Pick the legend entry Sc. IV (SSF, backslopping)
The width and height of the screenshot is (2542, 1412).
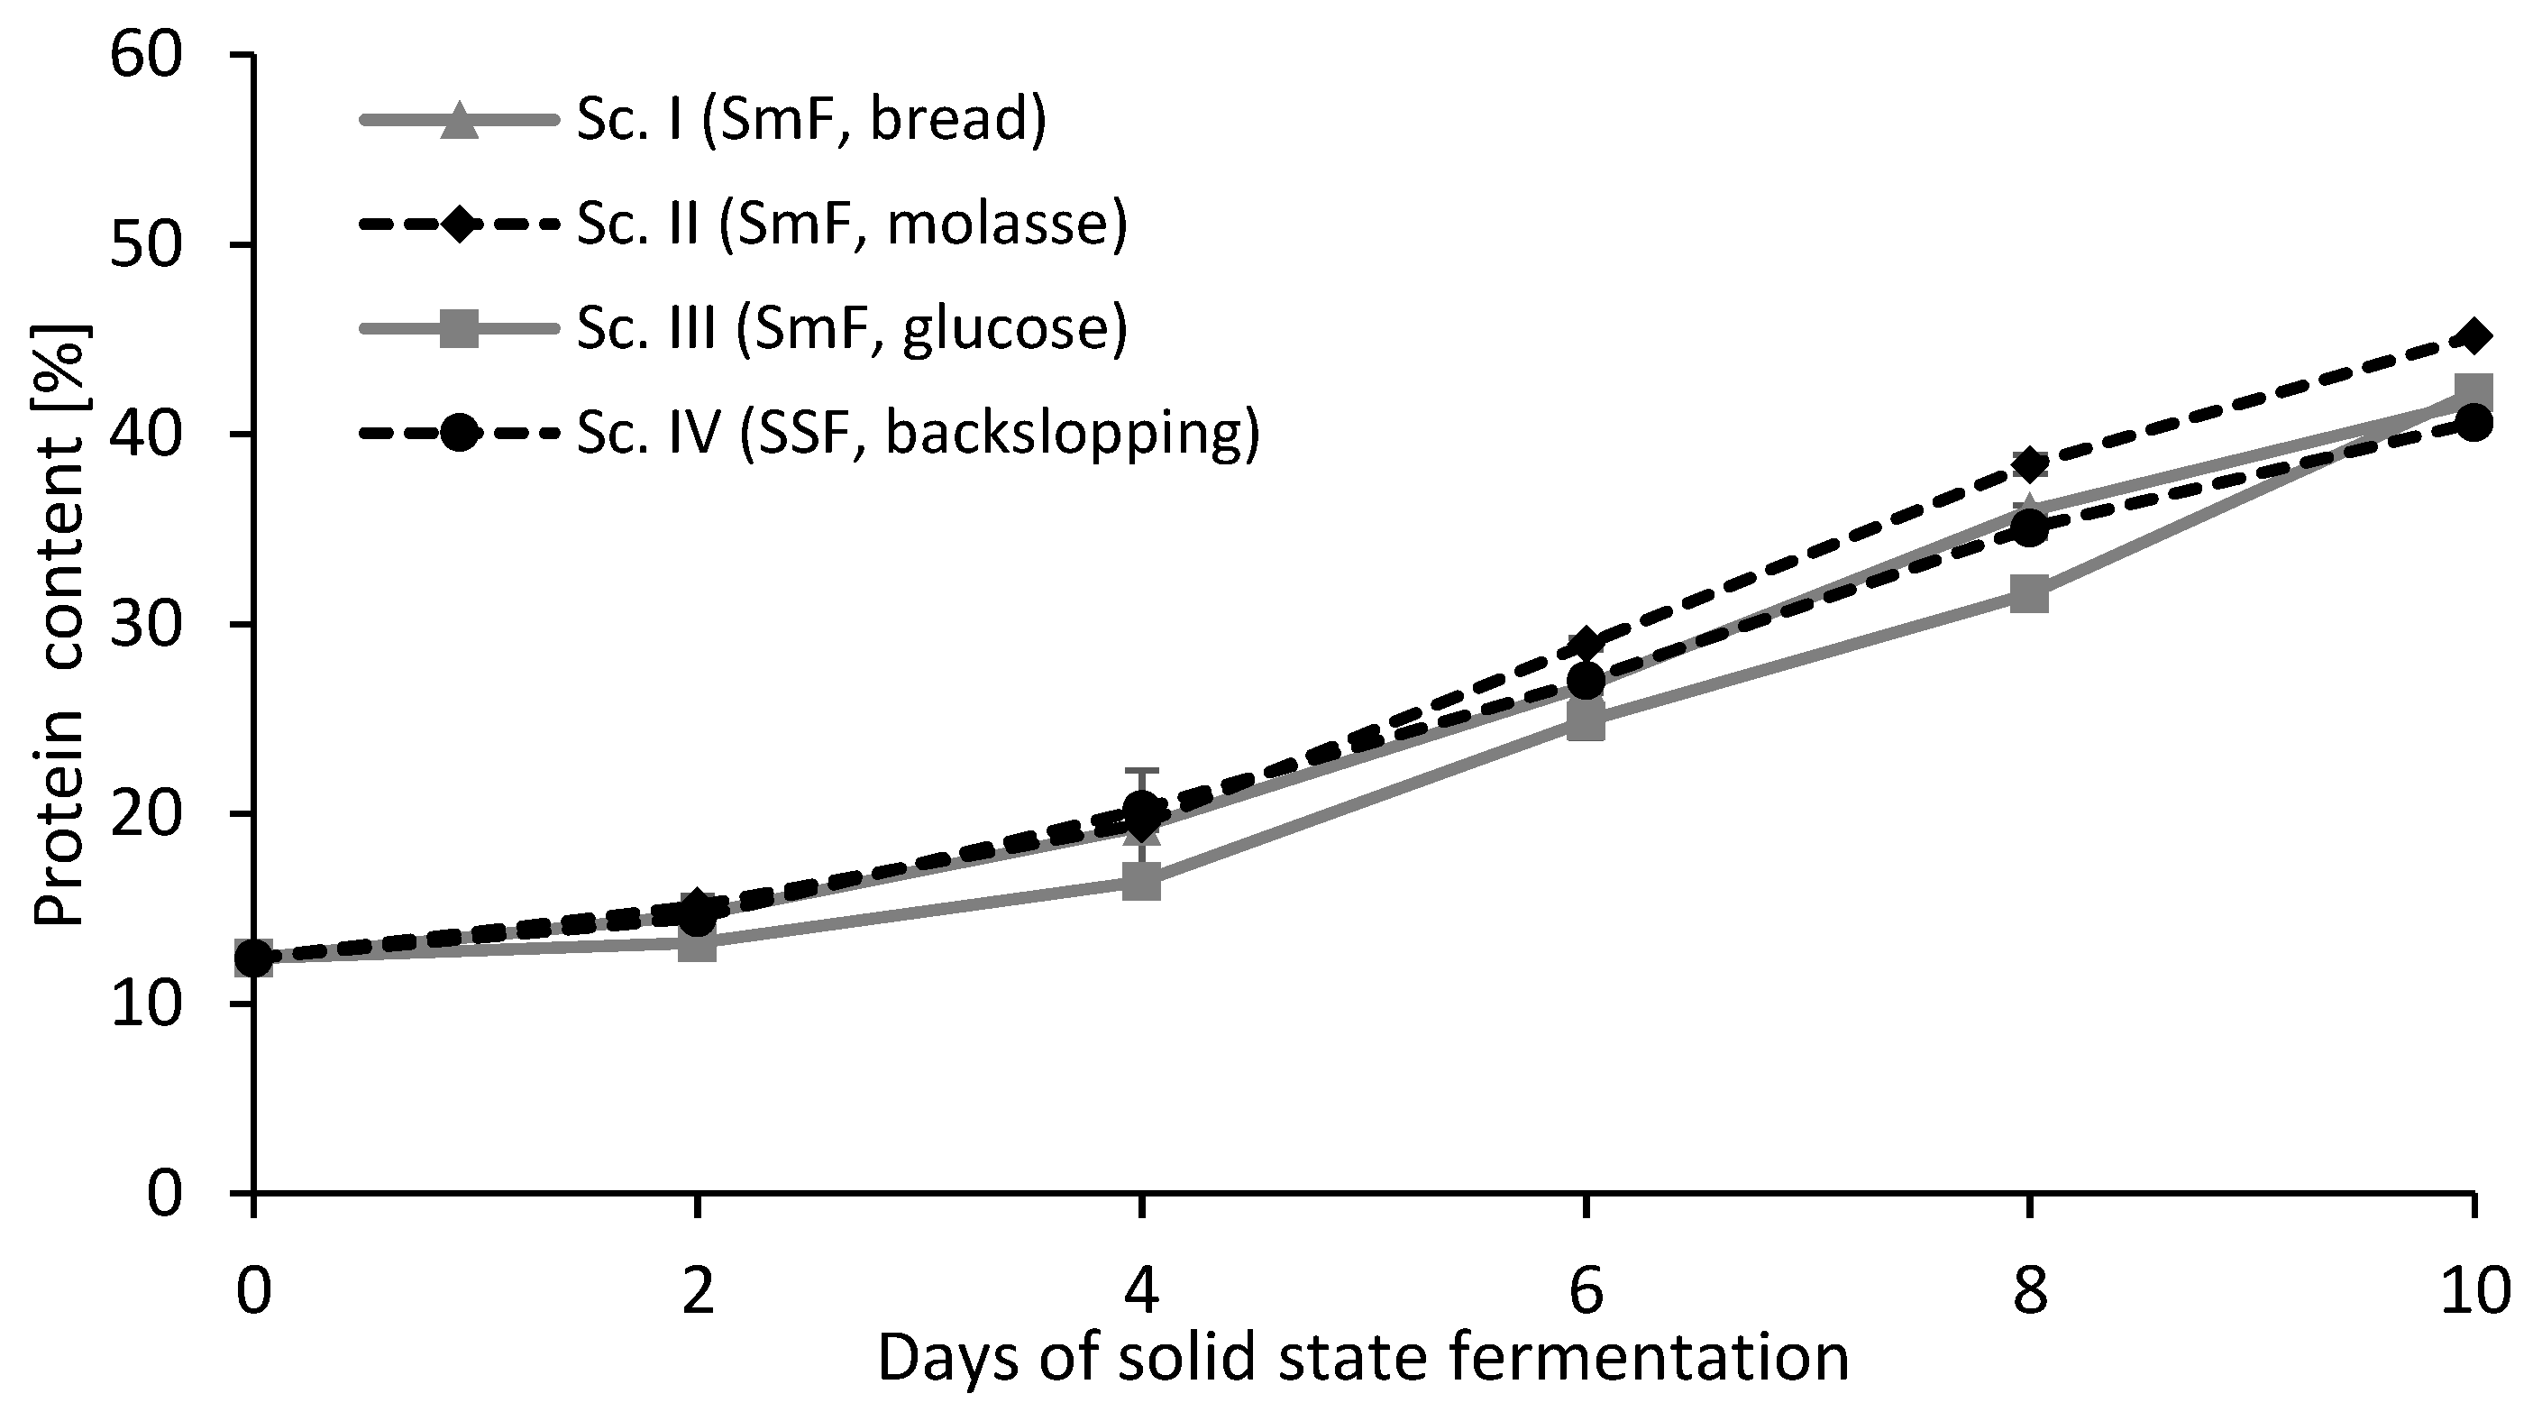(918, 433)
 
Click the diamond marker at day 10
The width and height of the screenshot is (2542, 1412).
(2473, 336)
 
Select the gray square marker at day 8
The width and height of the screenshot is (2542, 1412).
(2029, 595)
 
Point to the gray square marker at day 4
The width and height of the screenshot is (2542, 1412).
(1142, 881)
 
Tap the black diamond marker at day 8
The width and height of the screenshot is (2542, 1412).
(2029, 463)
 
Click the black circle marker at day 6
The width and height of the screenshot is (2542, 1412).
(1585, 681)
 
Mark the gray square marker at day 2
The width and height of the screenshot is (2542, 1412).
(698, 944)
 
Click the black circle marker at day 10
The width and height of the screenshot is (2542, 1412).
(2473, 423)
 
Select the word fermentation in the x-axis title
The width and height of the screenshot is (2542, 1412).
(1649, 1360)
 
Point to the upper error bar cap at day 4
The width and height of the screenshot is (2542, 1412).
(1142, 770)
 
